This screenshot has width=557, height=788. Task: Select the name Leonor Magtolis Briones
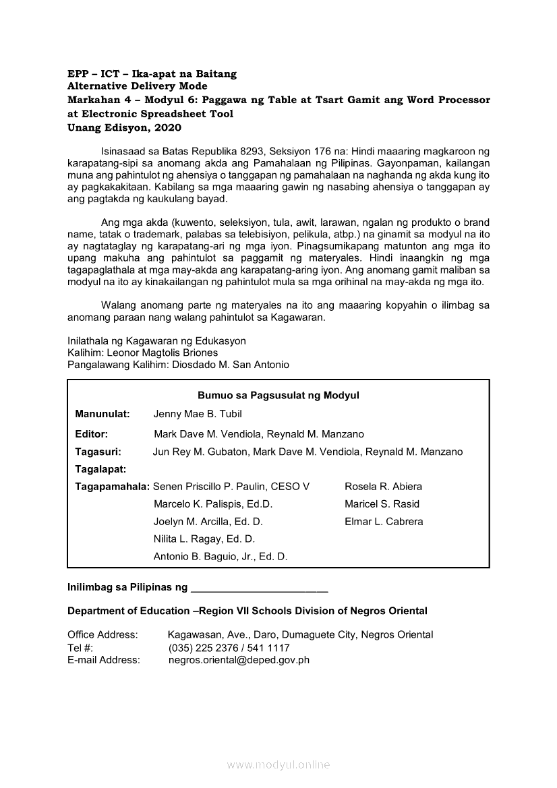coord(163,353)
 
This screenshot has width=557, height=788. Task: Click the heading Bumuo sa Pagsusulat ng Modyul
coord(278,396)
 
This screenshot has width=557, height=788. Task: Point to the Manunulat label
coord(102,414)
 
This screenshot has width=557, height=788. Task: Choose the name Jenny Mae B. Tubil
coord(198,414)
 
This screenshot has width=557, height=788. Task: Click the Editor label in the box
coord(92,434)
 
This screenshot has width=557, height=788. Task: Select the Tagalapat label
coord(101,468)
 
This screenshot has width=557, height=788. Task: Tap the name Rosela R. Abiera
coord(383,487)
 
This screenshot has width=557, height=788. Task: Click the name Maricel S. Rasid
coord(382,504)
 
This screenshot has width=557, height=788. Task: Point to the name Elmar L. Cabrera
coord(384,522)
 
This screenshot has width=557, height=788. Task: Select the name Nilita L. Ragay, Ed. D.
coord(204,539)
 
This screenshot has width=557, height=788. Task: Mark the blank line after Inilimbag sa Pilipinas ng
coord(260,588)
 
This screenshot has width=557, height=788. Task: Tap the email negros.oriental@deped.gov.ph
coord(239,660)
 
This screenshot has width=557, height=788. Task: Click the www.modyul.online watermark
coord(278,764)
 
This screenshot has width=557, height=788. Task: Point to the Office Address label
coord(102,634)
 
